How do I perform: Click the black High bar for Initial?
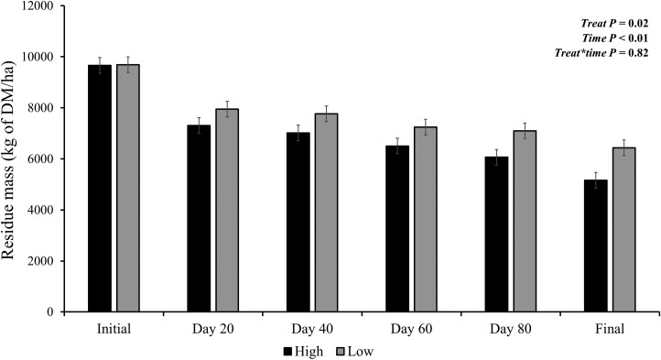click(100, 189)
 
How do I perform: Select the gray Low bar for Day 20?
click(227, 211)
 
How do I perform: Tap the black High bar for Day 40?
click(298, 223)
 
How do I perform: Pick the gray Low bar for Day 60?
click(426, 220)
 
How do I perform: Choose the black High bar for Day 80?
click(496, 235)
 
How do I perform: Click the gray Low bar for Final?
click(624, 230)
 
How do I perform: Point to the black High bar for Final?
click(596, 246)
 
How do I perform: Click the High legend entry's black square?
click(287, 351)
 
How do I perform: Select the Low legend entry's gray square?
click(341, 351)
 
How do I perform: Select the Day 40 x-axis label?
click(312, 329)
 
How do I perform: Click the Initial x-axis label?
click(114, 329)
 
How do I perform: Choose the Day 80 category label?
click(511, 329)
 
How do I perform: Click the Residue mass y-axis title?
click(9, 160)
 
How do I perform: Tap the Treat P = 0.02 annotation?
click(614, 23)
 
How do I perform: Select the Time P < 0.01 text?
click(615, 38)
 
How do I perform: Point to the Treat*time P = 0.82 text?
click(601, 53)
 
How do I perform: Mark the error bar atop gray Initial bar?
click(128, 64)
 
